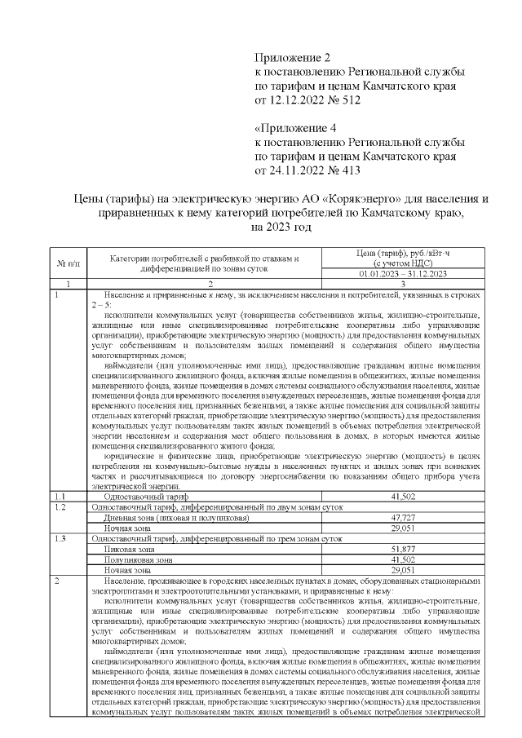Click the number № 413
pos(335,170)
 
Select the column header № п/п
pos(65,263)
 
